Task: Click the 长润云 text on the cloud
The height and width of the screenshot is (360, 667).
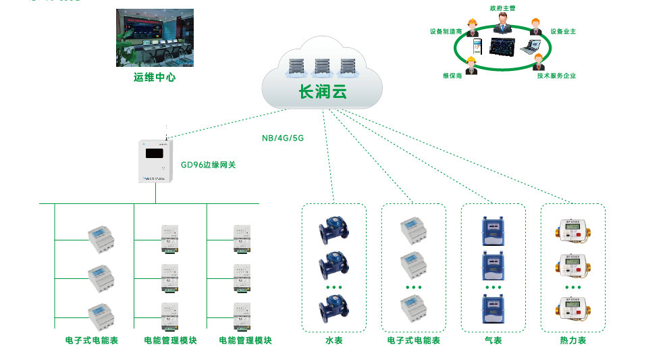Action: (x=323, y=92)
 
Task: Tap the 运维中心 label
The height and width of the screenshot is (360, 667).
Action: (x=155, y=78)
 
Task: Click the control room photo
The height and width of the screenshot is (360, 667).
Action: (x=155, y=37)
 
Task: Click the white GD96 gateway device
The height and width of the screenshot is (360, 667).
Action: (x=156, y=161)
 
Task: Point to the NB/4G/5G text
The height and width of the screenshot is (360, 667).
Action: (x=283, y=138)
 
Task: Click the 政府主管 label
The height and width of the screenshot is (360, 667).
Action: (x=501, y=8)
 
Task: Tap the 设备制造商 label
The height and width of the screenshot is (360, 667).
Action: (x=446, y=31)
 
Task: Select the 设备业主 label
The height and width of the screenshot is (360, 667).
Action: (x=562, y=31)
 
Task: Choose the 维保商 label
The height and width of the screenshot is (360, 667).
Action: (x=452, y=76)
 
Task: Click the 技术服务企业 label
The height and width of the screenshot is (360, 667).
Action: (x=556, y=76)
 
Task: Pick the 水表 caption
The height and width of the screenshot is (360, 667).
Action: (x=334, y=340)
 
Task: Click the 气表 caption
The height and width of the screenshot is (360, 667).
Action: (x=493, y=340)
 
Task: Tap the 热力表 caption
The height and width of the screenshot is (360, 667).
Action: (x=572, y=340)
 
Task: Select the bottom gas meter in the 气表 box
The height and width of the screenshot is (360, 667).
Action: (x=493, y=309)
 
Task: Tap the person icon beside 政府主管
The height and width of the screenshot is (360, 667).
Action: (x=502, y=24)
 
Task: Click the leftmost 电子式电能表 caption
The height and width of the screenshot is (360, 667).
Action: (x=92, y=340)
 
